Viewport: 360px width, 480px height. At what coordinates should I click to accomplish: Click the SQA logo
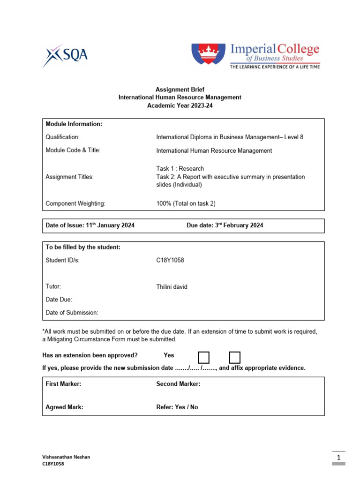(x=65, y=56)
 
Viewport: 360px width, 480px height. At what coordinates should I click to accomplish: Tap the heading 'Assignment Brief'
(x=180, y=89)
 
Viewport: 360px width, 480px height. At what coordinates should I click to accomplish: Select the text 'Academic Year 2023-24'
(x=180, y=106)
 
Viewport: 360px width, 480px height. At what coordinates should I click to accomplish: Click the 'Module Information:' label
(x=74, y=124)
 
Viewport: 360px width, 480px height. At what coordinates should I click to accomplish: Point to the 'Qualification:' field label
(x=62, y=137)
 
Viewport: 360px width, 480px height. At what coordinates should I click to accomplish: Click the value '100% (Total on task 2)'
(x=186, y=204)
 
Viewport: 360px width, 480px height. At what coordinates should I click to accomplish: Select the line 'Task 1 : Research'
(x=180, y=168)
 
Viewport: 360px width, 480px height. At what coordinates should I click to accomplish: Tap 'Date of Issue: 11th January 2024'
(x=90, y=225)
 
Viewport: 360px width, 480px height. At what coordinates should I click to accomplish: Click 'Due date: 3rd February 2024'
(x=225, y=225)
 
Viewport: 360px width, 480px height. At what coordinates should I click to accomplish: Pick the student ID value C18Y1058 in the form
(x=170, y=261)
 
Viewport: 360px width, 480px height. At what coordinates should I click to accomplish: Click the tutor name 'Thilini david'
(x=172, y=287)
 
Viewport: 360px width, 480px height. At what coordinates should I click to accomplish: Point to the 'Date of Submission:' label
(x=72, y=312)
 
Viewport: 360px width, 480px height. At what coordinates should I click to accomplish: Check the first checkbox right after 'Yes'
(x=204, y=357)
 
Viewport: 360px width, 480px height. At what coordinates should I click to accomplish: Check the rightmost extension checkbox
(x=235, y=357)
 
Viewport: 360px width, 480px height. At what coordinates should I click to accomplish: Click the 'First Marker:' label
(x=63, y=384)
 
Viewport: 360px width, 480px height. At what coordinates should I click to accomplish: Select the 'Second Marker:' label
(x=178, y=384)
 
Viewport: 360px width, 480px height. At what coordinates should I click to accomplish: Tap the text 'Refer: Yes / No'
(x=177, y=407)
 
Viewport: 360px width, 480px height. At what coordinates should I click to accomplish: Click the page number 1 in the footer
(x=338, y=457)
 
